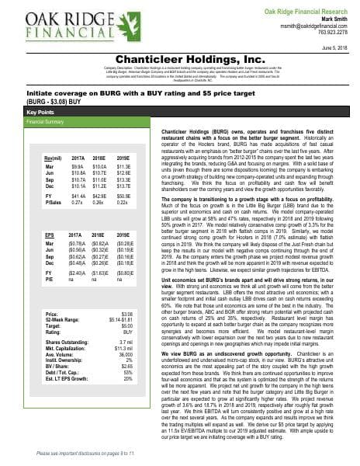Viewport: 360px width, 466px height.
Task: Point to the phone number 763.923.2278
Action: click(x=332, y=33)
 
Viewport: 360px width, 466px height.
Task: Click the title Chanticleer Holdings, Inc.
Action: click(x=179, y=58)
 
